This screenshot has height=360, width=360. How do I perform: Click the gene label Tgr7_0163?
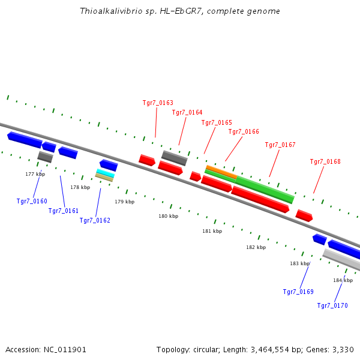tap(158, 103)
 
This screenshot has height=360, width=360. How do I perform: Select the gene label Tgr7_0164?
tap(187, 112)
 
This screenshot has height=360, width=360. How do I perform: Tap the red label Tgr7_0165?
tap(217, 122)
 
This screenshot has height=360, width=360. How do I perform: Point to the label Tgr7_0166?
tap(244, 131)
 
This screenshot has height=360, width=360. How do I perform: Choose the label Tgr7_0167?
tap(280, 145)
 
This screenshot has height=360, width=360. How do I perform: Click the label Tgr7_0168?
tap(325, 161)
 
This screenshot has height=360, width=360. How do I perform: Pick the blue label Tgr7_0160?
tap(32, 201)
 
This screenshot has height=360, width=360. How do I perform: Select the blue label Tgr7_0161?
tap(64, 211)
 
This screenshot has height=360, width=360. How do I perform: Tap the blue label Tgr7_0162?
tap(95, 220)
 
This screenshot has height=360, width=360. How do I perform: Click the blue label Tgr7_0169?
tap(298, 292)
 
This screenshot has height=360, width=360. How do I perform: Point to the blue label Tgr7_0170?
tap(332, 305)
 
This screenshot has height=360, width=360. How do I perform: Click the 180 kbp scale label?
tap(168, 216)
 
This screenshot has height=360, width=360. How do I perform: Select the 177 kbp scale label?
tap(35, 174)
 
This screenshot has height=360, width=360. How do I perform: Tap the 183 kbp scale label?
tap(299, 263)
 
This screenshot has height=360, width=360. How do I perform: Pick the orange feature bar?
tap(221, 172)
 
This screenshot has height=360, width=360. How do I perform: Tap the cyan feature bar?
tap(105, 172)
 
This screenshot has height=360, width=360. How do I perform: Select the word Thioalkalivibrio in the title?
tap(106, 11)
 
